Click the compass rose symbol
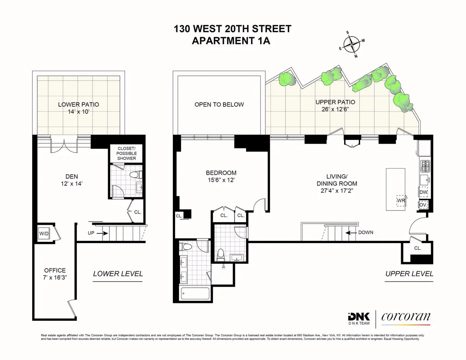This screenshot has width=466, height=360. (x=351, y=45)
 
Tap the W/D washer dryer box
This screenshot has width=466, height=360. (x=42, y=233)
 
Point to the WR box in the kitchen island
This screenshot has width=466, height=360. (x=401, y=200)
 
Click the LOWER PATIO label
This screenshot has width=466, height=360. (x=78, y=104)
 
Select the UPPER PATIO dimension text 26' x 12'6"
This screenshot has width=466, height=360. (x=335, y=110)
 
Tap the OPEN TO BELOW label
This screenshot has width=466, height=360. (x=219, y=104)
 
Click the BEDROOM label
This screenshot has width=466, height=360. (x=221, y=173)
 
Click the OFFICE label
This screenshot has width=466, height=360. (x=55, y=270)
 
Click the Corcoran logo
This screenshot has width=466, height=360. (x=406, y=317)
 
